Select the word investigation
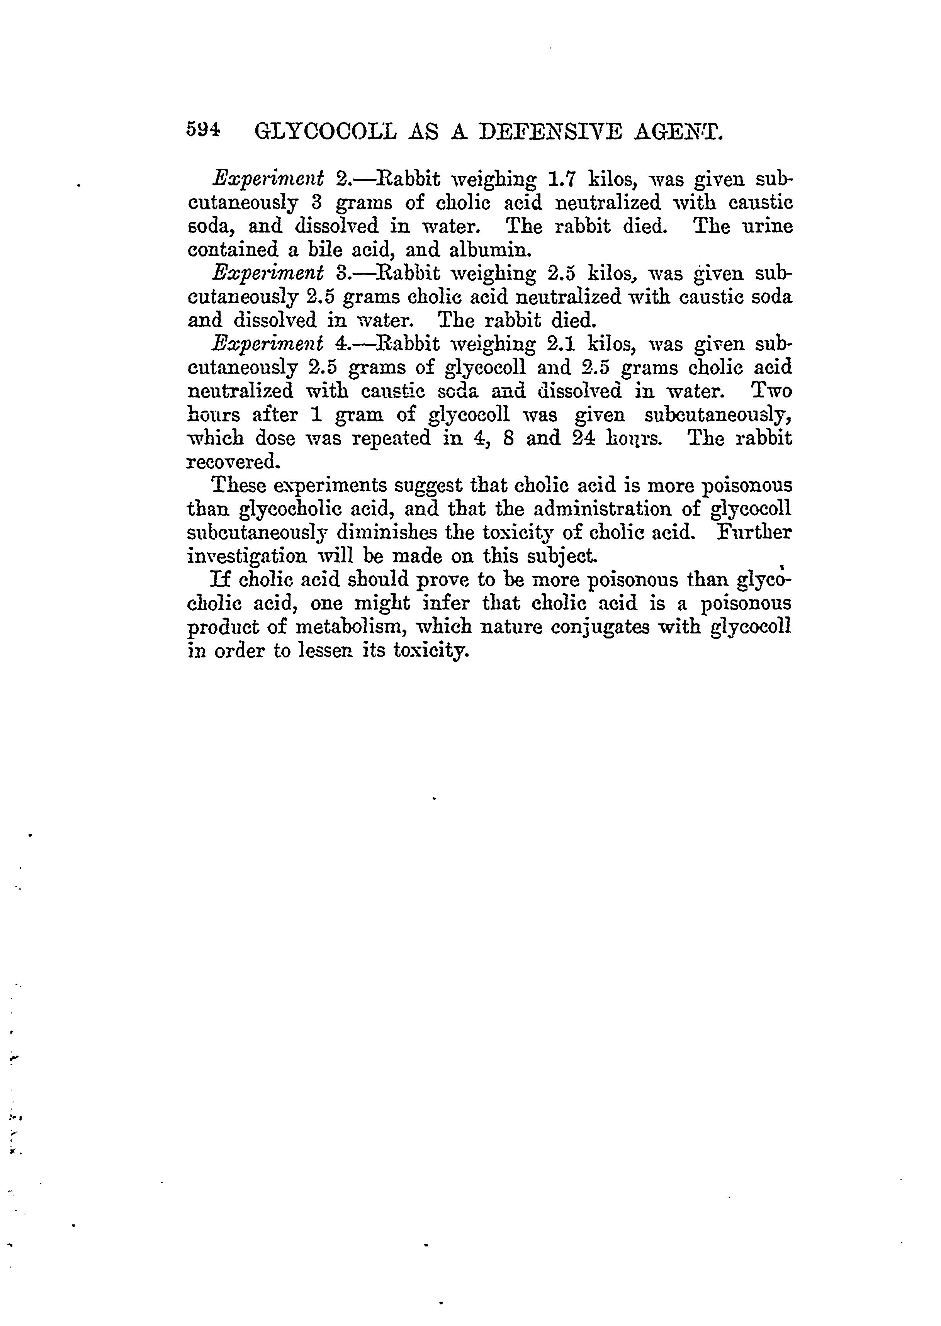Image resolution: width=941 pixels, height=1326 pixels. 248,557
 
